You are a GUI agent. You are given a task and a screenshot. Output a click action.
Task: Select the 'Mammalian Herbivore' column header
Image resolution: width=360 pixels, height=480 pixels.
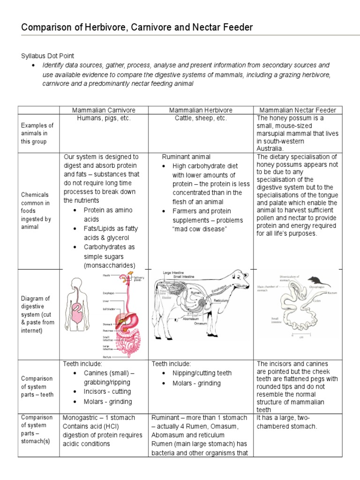(x=201, y=110)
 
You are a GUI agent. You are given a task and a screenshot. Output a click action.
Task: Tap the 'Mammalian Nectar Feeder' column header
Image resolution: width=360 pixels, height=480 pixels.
(x=298, y=110)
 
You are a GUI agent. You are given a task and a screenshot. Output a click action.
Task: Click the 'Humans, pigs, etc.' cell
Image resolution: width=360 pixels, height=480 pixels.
(x=104, y=118)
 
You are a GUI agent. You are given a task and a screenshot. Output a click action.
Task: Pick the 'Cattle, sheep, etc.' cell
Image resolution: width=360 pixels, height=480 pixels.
(x=201, y=118)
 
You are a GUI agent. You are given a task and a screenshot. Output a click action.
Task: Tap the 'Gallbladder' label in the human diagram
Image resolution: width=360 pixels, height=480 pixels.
(x=110, y=309)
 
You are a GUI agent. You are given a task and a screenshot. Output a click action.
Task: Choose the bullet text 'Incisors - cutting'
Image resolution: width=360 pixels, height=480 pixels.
(x=107, y=391)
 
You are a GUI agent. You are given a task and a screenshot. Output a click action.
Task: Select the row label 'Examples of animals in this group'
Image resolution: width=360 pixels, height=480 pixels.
(x=37, y=133)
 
